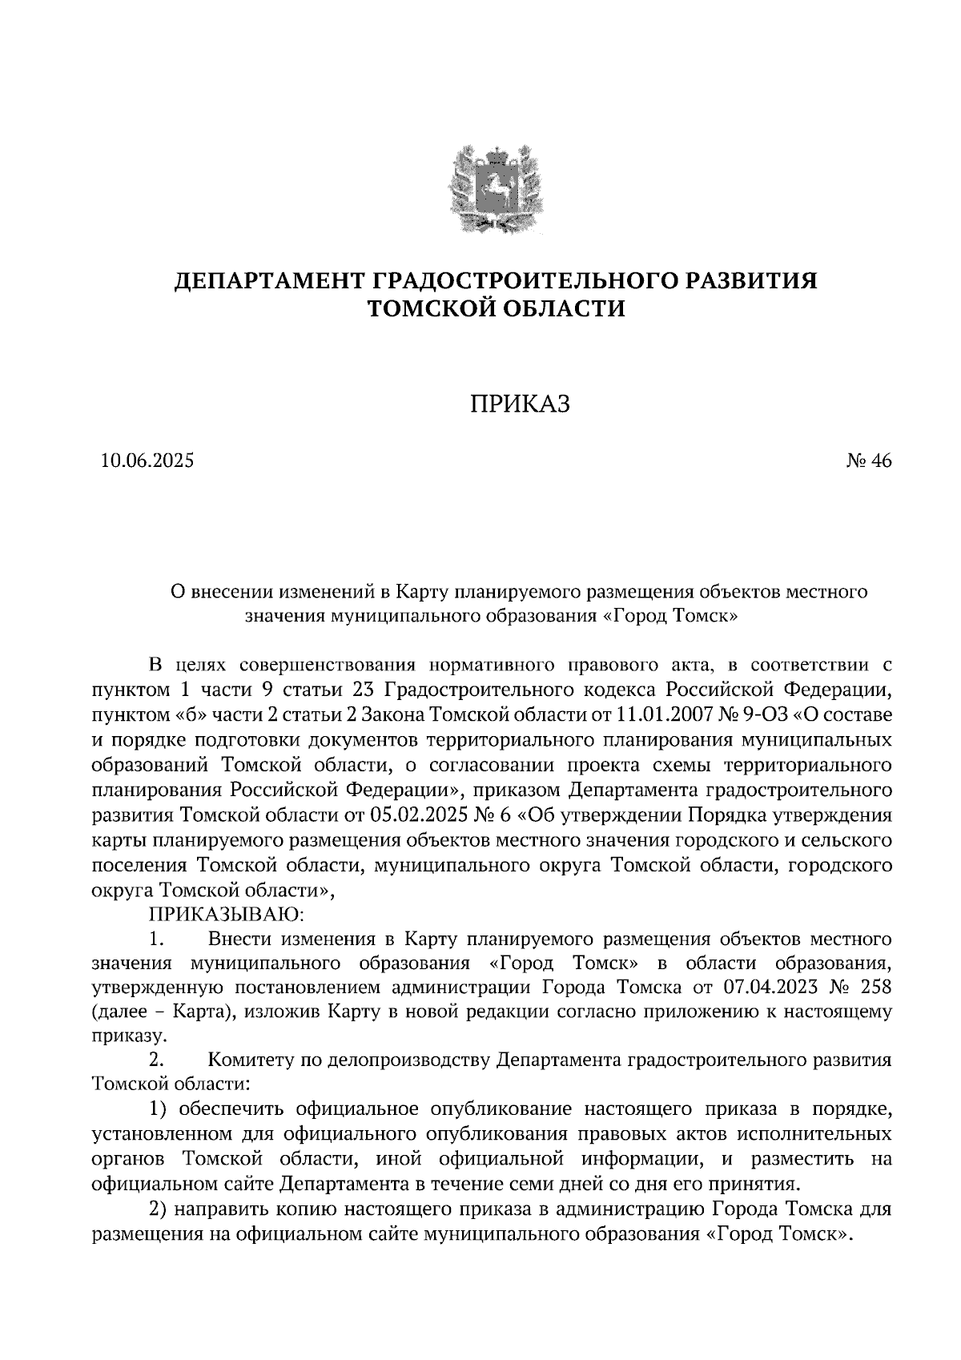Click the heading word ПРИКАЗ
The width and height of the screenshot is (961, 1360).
click(x=518, y=405)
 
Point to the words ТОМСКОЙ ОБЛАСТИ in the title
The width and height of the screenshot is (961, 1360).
click(x=495, y=308)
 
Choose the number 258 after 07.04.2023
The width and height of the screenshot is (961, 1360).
click(x=873, y=985)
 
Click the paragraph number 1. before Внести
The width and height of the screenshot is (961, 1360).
click(x=158, y=938)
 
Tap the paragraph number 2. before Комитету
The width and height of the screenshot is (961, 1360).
click(x=158, y=1060)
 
